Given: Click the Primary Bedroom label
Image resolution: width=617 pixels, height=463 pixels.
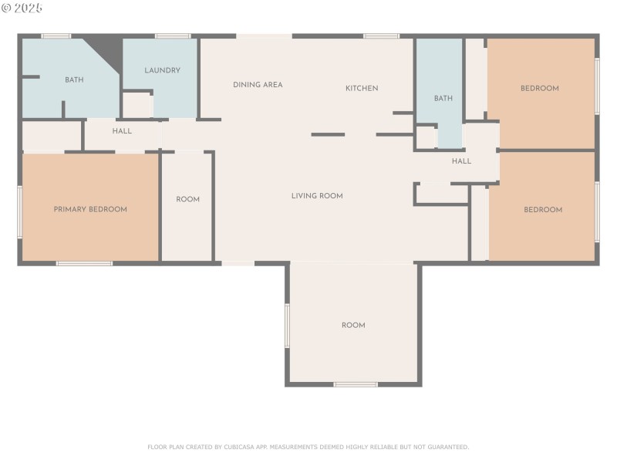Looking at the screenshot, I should pyautogui.click(x=90, y=209).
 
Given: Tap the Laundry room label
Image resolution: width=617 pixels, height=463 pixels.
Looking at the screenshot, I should pyautogui.click(x=162, y=70).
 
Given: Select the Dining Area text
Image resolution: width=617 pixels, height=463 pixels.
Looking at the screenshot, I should pyautogui.click(x=258, y=85).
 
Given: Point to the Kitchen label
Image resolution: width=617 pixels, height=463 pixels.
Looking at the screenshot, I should pyautogui.click(x=361, y=88).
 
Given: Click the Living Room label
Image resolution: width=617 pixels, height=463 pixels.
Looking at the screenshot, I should pyautogui.click(x=317, y=196).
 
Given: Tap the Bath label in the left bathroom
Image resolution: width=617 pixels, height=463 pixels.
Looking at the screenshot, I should pyautogui.click(x=74, y=79).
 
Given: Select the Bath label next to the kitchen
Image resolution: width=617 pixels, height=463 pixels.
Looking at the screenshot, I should pyautogui.click(x=443, y=98).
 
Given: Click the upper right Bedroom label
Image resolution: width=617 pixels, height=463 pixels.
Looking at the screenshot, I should pyautogui.click(x=539, y=88).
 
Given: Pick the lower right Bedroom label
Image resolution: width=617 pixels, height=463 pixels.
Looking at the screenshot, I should pyautogui.click(x=543, y=209).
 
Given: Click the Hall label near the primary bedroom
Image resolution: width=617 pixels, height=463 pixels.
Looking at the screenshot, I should pyautogui.click(x=122, y=131).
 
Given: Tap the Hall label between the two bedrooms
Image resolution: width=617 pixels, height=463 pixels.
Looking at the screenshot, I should pyautogui.click(x=461, y=161).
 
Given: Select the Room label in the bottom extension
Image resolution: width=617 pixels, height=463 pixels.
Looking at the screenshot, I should pyautogui.click(x=353, y=325).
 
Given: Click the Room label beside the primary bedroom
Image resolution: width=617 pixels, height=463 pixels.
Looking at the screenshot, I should pyautogui.click(x=187, y=199).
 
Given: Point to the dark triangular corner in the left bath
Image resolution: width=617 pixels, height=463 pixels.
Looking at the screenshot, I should pyautogui.click(x=107, y=48).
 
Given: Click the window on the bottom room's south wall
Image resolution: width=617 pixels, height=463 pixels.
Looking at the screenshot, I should pyautogui.click(x=356, y=384).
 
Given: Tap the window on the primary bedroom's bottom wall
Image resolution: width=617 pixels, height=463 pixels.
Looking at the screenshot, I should pyautogui.click(x=84, y=264).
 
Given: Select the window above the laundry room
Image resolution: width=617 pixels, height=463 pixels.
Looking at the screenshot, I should pyautogui.click(x=173, y=35).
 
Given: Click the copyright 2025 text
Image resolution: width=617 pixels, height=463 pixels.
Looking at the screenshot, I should pyautogui.click(x=23, y=8).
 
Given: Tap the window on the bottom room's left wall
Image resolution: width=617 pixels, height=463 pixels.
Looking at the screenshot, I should pyautogui.click(x=287, y=325).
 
